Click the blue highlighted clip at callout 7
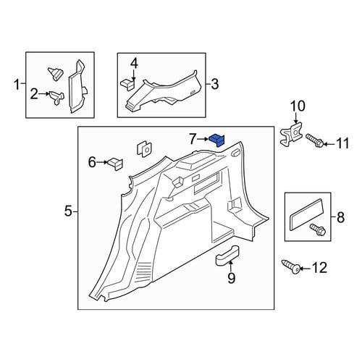(216, 140)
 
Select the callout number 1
(17, 85)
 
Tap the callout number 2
(34, 94)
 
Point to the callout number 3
(214, 84)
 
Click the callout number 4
(134, 64)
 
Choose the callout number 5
(69, 211)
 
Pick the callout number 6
(92, 162)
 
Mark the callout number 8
(340, 217)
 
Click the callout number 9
(231, 278)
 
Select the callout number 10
(298, 106)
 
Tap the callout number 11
(342, 143)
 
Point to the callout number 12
(320, 268)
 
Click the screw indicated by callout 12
(291, 266)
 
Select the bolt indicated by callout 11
(315, 140)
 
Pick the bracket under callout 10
(291, 134)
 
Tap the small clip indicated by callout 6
(115, 164)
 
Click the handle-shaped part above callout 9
(227, 256)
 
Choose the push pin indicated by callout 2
(56, 98)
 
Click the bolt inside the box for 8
(318, 230)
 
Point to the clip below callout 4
(127, 85)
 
